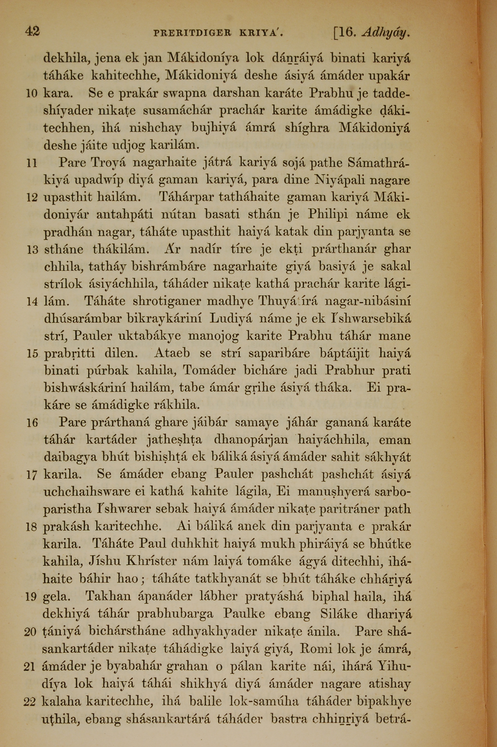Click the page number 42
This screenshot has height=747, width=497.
(x=32, y=32)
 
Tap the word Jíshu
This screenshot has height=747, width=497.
(x=103, y=561)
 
